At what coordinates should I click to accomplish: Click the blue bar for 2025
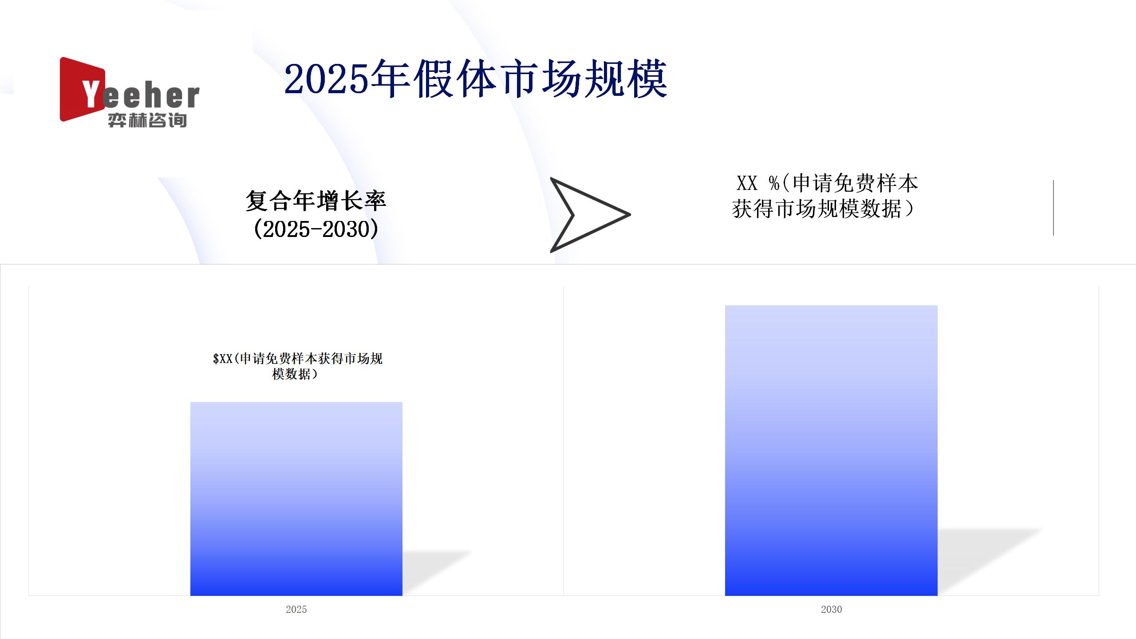click(296, 499)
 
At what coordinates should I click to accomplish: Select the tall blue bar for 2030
click(831, 450)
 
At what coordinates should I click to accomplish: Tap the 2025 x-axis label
click(296, 609)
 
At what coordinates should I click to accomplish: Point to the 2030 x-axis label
click(831, 609)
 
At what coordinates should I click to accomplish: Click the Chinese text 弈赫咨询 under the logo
click(147, 120)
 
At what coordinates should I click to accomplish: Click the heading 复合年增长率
click(316, 201)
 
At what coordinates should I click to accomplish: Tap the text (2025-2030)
click(316, 229)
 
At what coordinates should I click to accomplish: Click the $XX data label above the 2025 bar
click(297, 366)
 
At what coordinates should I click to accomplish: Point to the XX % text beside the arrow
click(757, 183)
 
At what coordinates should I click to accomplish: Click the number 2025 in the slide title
click(327, 79)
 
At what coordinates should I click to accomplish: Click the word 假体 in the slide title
click(456, 79)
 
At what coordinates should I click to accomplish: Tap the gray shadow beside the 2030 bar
click(990, 562)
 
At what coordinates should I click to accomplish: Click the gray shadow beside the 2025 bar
click(437, 573)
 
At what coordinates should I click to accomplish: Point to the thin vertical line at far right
click(1053, 208)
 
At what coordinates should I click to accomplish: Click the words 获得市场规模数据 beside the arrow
click(816, 209)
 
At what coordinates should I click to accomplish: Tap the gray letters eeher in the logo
click(151, 96)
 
